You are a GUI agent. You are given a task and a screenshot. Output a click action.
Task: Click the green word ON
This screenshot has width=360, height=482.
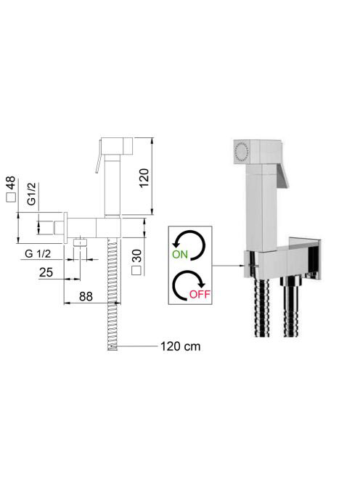click(180, 255)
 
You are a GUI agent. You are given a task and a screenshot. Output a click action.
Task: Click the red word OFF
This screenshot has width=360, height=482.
click(200, 294)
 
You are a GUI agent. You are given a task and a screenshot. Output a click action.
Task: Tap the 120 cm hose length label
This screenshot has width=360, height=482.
click(181, 346)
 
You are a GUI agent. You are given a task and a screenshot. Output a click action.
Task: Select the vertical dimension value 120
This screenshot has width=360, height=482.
click(144, 178)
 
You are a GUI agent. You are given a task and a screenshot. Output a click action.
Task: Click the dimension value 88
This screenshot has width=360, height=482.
click(86, 297)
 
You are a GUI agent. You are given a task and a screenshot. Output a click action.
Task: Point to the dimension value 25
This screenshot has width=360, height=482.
click(46, 272)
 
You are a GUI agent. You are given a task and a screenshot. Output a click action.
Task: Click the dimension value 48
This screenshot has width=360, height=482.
click(11, 183)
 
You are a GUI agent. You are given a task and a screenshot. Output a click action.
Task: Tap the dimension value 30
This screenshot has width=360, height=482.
click(136, 256)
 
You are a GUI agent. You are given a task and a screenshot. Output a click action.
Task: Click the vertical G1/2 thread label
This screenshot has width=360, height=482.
click(32, 194)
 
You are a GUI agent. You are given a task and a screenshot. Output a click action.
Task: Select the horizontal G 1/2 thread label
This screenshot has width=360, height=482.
click(38, 254)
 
